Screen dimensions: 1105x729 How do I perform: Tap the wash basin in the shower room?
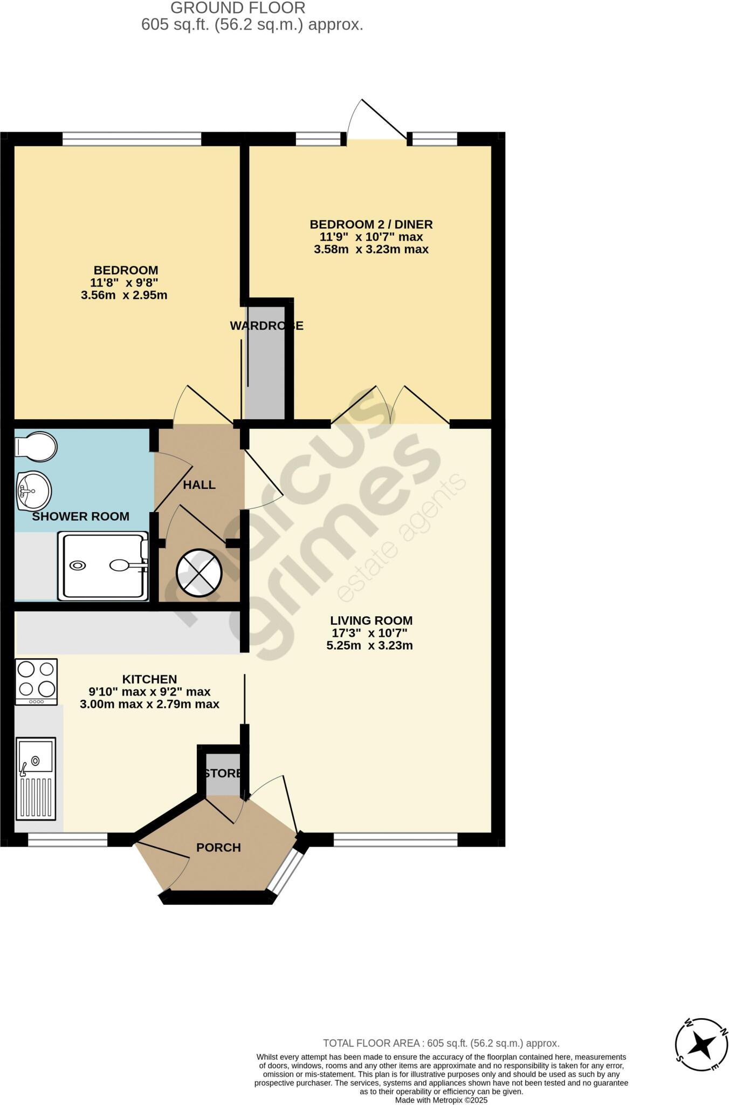click(x=33, y=490)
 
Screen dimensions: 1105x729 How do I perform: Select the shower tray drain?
click(x=78, y=565)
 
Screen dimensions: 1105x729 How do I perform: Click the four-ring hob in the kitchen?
click(x=36, y=681)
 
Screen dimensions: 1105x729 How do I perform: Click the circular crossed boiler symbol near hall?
click(x=199, y=573)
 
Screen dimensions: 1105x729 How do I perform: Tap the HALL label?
click(x=199, y=485)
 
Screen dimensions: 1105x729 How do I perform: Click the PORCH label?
click(x=218, y=848)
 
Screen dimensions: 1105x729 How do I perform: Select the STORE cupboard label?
click(x=223, y=773)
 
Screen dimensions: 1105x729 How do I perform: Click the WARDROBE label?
click(x=266, y=326)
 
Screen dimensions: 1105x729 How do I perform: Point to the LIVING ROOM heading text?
click(x=371, y=620)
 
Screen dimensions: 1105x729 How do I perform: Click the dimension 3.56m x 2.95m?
click(x=124, y=295)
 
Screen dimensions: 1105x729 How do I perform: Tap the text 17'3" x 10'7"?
click(x=369, y=633)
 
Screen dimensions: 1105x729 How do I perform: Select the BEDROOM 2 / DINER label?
click(x=371, y=224)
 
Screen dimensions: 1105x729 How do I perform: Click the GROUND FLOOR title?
click(x=238, y=8)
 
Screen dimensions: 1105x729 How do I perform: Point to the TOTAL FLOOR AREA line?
click(x=441, y=1043)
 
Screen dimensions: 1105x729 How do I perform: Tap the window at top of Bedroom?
click(x=132, y=139)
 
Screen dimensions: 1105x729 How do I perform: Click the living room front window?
click(x=395, y=840)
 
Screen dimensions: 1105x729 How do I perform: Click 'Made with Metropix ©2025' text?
click(x=441, y=1100)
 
